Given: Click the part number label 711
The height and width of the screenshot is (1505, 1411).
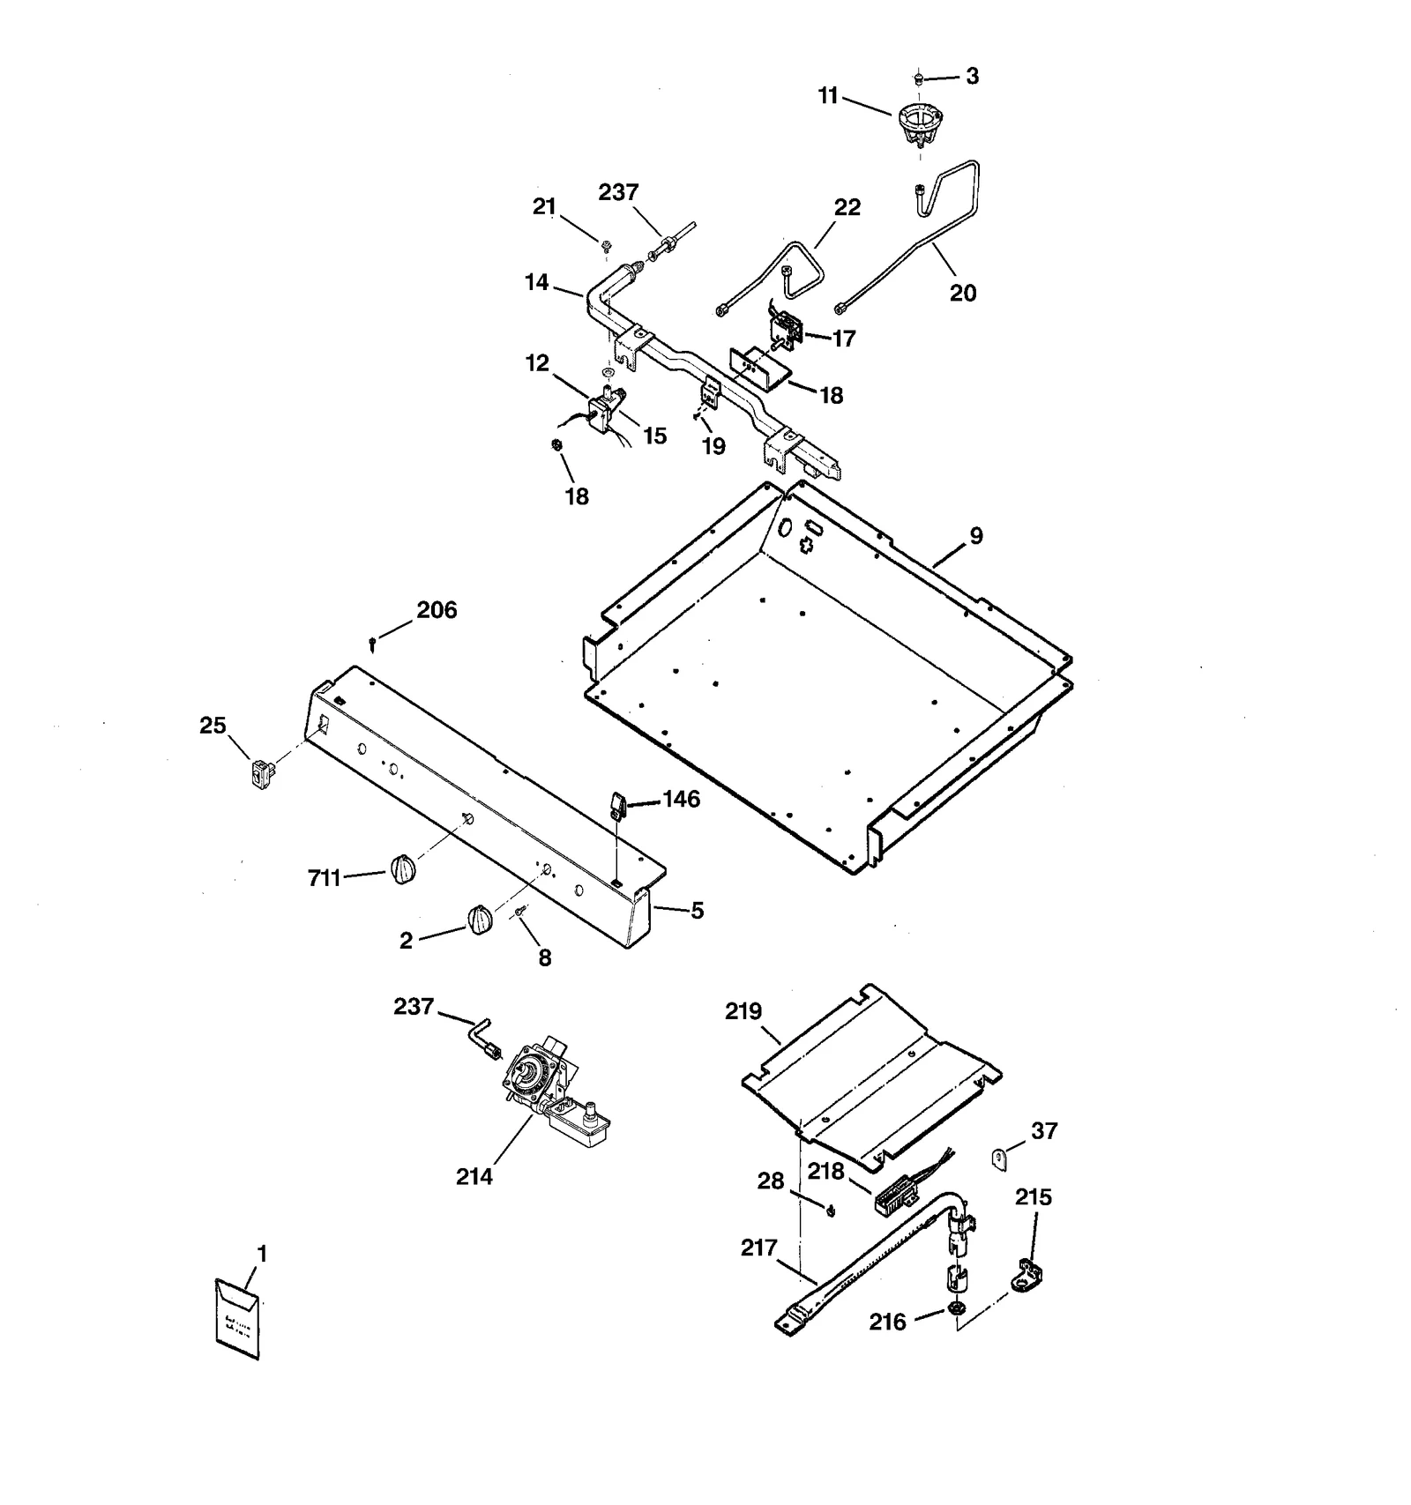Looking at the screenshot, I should point(324,878).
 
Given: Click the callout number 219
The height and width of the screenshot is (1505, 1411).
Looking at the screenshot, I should point(743,1011).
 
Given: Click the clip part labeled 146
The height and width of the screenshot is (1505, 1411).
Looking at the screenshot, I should point(617,805).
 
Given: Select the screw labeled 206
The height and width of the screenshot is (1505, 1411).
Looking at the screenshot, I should point(374,644).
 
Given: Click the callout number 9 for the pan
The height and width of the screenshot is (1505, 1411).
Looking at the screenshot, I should point(976,535).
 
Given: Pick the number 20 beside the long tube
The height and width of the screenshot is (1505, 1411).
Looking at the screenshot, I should point(962,293).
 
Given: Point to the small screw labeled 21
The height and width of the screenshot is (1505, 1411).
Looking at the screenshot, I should point(607,243).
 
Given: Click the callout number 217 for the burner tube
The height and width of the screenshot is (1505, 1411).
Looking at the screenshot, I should point(758,1248).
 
